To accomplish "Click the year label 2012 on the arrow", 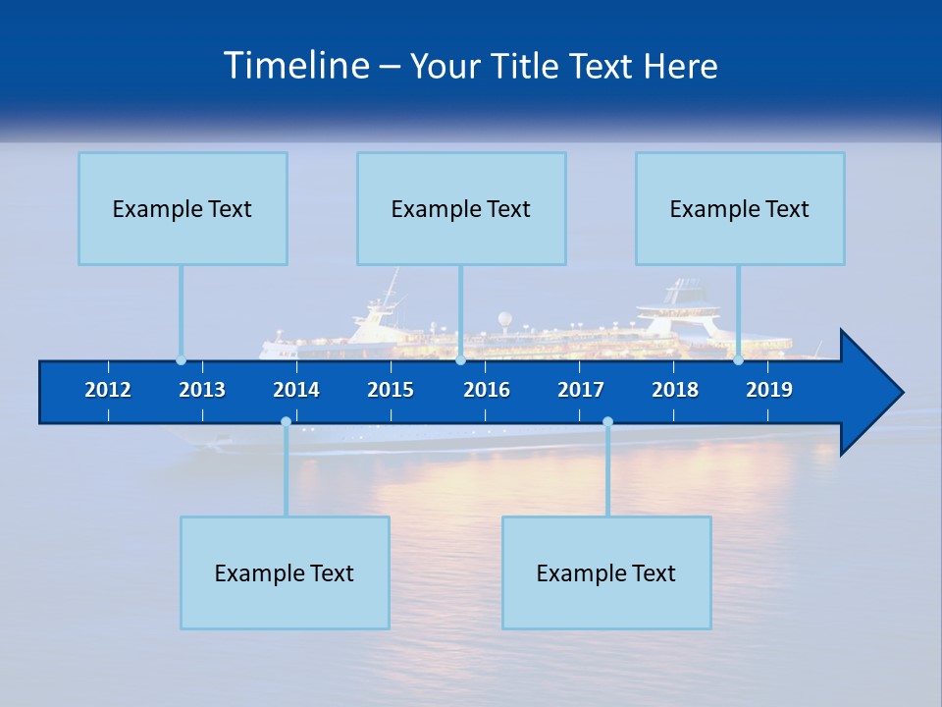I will (108, 390).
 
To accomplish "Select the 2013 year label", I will (202, 390).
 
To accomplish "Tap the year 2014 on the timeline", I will (296, 390).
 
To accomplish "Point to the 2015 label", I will (391, 390).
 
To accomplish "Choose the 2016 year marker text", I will (487, 390).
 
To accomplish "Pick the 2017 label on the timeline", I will (581, 390).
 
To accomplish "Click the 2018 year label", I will (675, 390).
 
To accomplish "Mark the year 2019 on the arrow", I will (769, 390).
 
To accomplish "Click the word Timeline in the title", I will (296, 65).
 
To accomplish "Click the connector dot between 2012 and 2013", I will (181, 360).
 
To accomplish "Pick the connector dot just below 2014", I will (286, 422).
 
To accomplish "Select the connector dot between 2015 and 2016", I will (460, 360).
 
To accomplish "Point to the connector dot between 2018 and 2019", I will (738, 360).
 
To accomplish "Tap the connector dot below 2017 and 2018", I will (607, 422).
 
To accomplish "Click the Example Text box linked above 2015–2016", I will (461, 208).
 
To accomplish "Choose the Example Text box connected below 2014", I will (285, 572).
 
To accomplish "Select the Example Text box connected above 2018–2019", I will (740, 208).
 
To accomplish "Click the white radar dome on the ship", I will (504, 318).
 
